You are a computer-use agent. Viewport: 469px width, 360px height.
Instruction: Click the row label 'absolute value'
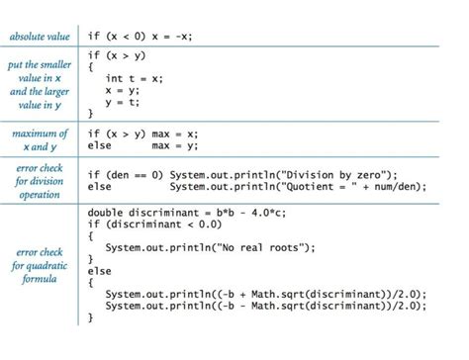coord(41,37)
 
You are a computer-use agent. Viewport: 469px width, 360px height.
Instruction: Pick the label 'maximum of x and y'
coord(41,139)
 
